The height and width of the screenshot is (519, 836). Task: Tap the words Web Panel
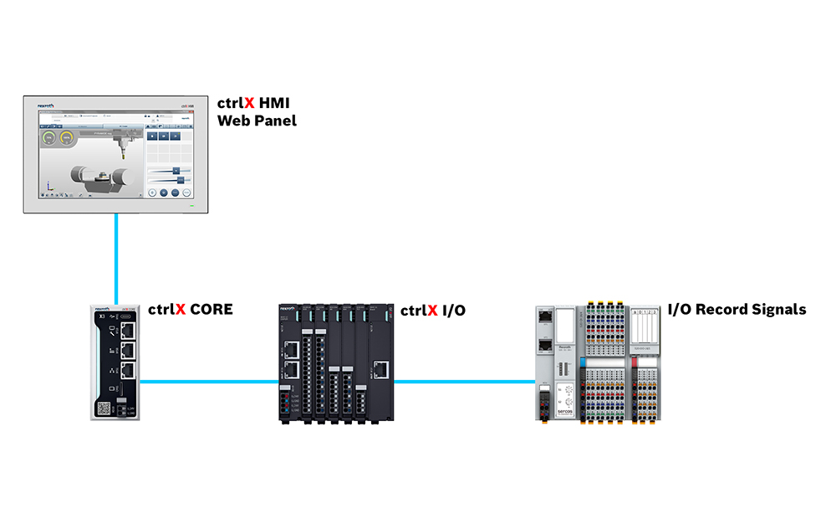click(x=257, y=121)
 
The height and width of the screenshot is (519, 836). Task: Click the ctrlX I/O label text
click(x=432, y=311)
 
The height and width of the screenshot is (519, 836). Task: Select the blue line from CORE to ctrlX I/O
click(x=209, y=382)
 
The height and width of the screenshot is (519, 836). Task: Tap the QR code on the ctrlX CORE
click(x=104, y=408)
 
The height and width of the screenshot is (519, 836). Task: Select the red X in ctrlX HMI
click(x=249, y=104)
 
